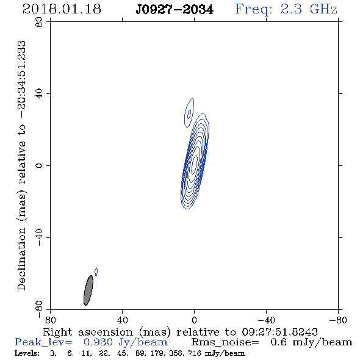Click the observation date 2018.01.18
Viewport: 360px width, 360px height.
(x=62, y=9)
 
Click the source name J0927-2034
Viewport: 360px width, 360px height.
(x=175, y=10)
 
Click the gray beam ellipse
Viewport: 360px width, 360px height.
(x=88, y=290)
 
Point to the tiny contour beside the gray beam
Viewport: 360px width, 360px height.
(x=96, y=272)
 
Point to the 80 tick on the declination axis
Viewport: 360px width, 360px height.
(x=39, y=22)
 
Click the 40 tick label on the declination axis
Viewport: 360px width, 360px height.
(x=39, y=94)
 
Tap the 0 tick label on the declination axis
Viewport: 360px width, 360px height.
(x=39, y=165)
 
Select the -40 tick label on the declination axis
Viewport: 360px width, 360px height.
(x=39, y=237)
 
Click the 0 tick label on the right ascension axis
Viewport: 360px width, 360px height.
(x=194, y=320)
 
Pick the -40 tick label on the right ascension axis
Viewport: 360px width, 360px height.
(x=266, y=320)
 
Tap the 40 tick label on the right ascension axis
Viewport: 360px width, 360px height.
(x=122, y=320)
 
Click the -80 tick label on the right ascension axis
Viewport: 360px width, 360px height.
(x=338, y=320)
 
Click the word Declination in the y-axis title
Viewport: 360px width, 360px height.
(x=21, y=259)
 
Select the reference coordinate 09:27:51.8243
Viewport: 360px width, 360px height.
(x=279, y=332)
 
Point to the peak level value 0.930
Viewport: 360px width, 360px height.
(x=98, y=342)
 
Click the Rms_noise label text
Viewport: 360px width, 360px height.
(x=225, y=342)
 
